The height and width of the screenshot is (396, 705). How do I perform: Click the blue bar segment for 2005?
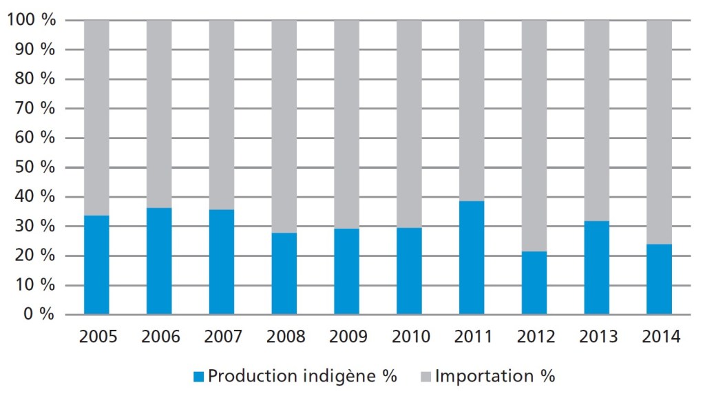(x=96, y=265)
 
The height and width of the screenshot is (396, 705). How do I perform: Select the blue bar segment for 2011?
(x=472, y=258)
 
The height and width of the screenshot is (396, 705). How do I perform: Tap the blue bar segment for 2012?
(x=534, y=283)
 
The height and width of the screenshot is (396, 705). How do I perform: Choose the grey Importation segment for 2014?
(x=660, y=132)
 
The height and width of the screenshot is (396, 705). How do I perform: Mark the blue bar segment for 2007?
(x=222, y=262)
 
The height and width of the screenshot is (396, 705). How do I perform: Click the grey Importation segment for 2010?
(x=409, y=124)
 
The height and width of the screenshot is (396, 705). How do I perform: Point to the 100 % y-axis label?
(x=30, y=21)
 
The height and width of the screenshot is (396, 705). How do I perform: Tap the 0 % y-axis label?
(x=39, y=315)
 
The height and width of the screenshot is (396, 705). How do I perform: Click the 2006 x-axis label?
(x=160, y=337)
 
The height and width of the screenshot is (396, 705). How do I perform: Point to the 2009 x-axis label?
(x=348, y=337)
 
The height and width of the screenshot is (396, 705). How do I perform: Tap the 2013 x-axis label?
(x=598, y=337)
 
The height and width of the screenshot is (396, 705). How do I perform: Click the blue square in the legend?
(x=199, y=377)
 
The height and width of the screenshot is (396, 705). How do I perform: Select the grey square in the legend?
(x=425, y=377)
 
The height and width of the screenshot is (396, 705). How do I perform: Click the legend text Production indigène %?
(x=302, y=377)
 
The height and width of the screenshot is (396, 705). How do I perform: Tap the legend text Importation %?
(x=495, y=377)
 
